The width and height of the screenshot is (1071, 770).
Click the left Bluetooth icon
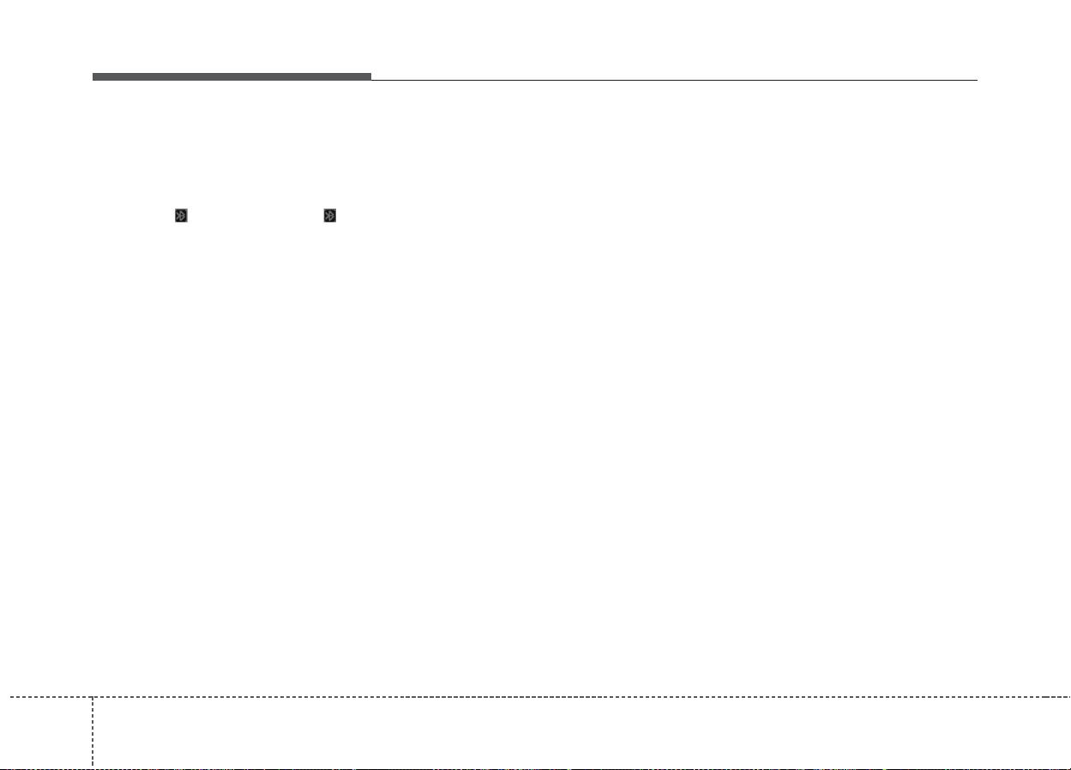[181, 216]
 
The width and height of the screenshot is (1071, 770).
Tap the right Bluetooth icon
[329, 216]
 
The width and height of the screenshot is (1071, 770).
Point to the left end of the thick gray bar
[93, 77]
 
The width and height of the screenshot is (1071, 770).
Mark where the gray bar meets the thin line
[371, 79]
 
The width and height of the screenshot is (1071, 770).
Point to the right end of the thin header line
[977, 80]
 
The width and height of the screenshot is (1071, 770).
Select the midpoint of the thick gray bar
[232, 77]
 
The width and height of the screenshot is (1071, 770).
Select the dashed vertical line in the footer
[93, 730]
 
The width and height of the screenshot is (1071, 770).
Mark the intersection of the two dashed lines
[93, 697]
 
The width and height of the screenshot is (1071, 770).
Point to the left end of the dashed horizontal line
[2, 697]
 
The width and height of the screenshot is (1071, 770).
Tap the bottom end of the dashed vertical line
[93, 767]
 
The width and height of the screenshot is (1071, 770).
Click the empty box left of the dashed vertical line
[46, 732]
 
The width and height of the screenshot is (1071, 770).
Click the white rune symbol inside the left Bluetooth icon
[181, 216]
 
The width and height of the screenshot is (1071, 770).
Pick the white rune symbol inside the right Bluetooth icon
[329, 216]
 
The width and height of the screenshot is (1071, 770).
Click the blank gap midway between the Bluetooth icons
[256, 216]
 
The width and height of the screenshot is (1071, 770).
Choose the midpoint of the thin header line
[674, 80]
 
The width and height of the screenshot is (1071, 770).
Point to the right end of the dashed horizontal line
[1068, 697]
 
